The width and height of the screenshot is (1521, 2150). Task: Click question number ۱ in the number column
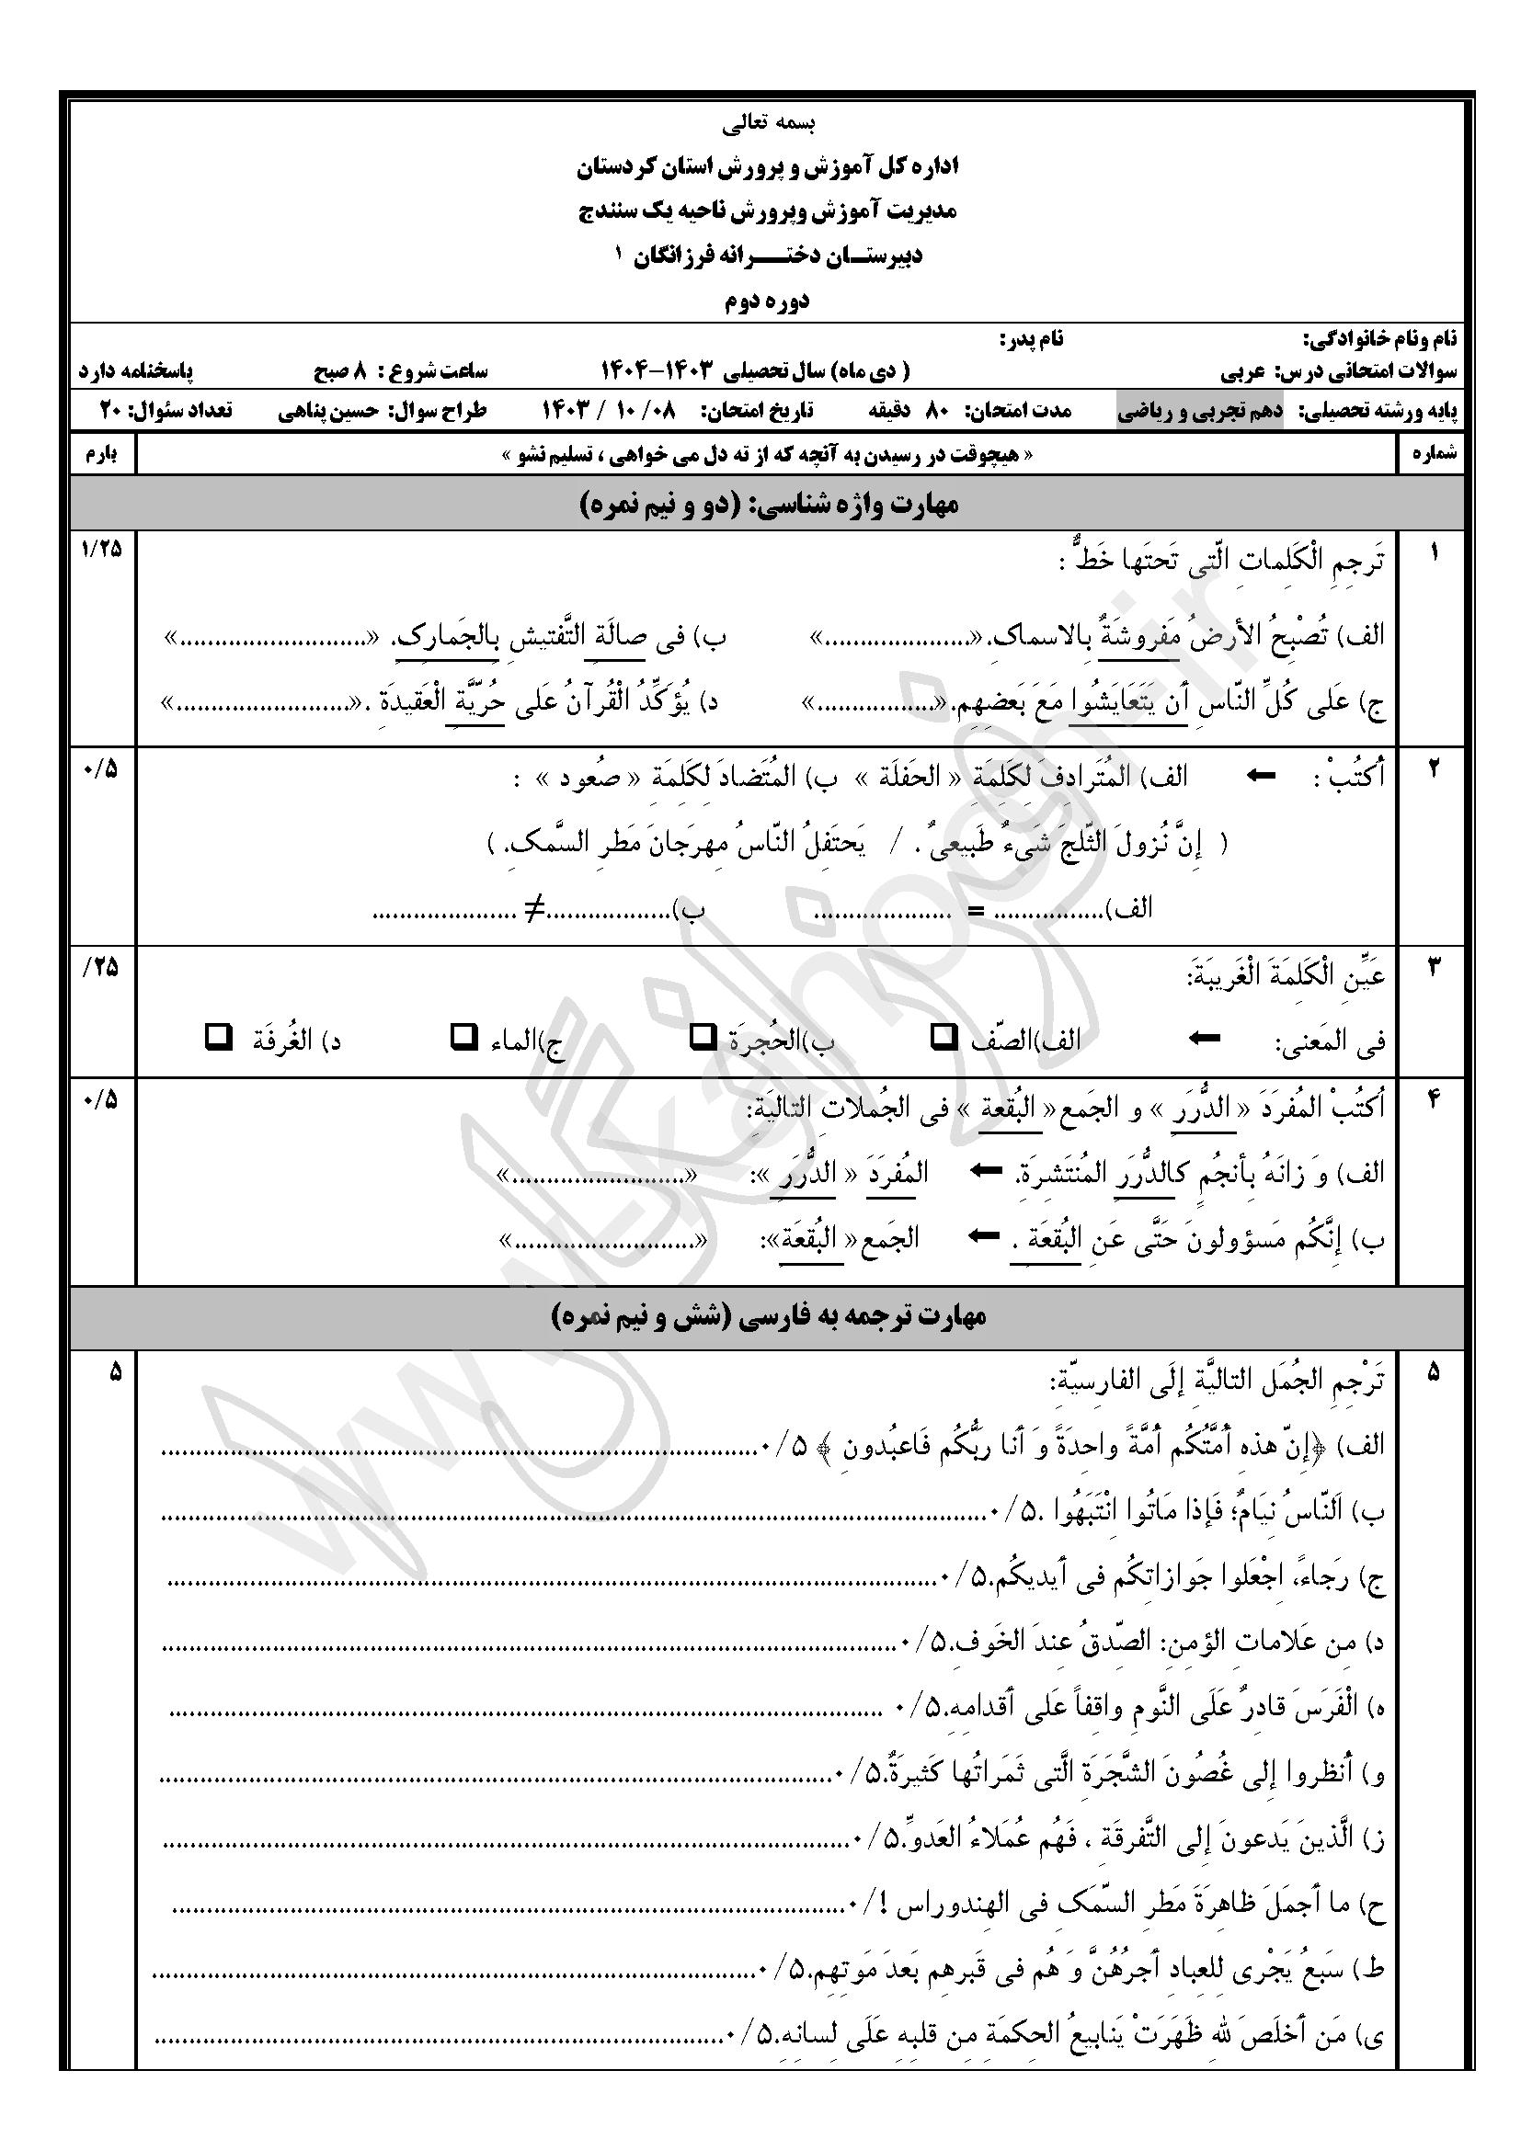click(x=1433, y=552)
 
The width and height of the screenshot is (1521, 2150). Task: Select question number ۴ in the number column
click(x=1433, y=1101)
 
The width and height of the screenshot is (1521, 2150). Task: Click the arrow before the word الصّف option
click(x=1205, y=1038)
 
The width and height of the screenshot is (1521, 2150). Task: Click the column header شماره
click(x=1433, y=455)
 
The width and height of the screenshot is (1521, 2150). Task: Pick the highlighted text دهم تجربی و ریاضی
click(x=1202, y=411)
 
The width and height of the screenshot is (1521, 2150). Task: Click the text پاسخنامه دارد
click(x=136, y=371)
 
